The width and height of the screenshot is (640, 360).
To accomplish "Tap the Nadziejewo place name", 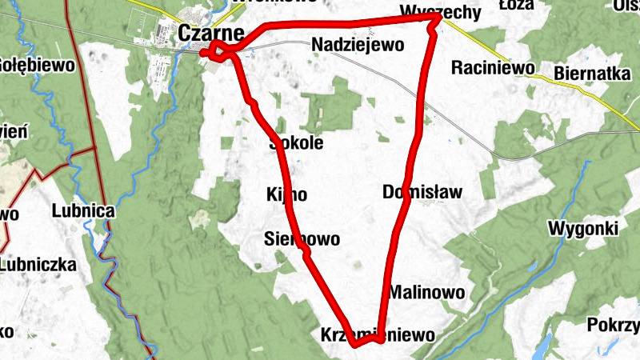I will click(x=358, y=45).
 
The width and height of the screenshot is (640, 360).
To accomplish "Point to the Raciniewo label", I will click(x=492, y=68).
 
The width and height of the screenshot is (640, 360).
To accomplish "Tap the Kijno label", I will click(x=286, y=194).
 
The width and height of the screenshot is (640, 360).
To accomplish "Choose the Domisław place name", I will click(x=422, y=192).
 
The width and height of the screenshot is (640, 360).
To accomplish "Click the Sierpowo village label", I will click(x=302, y=239).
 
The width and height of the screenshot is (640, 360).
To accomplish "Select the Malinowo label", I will click(x=427, y=292).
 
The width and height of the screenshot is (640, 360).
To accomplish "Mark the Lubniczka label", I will click(x=38, y=265).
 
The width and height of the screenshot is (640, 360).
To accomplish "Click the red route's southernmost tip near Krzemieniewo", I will click(x=356, y=345).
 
